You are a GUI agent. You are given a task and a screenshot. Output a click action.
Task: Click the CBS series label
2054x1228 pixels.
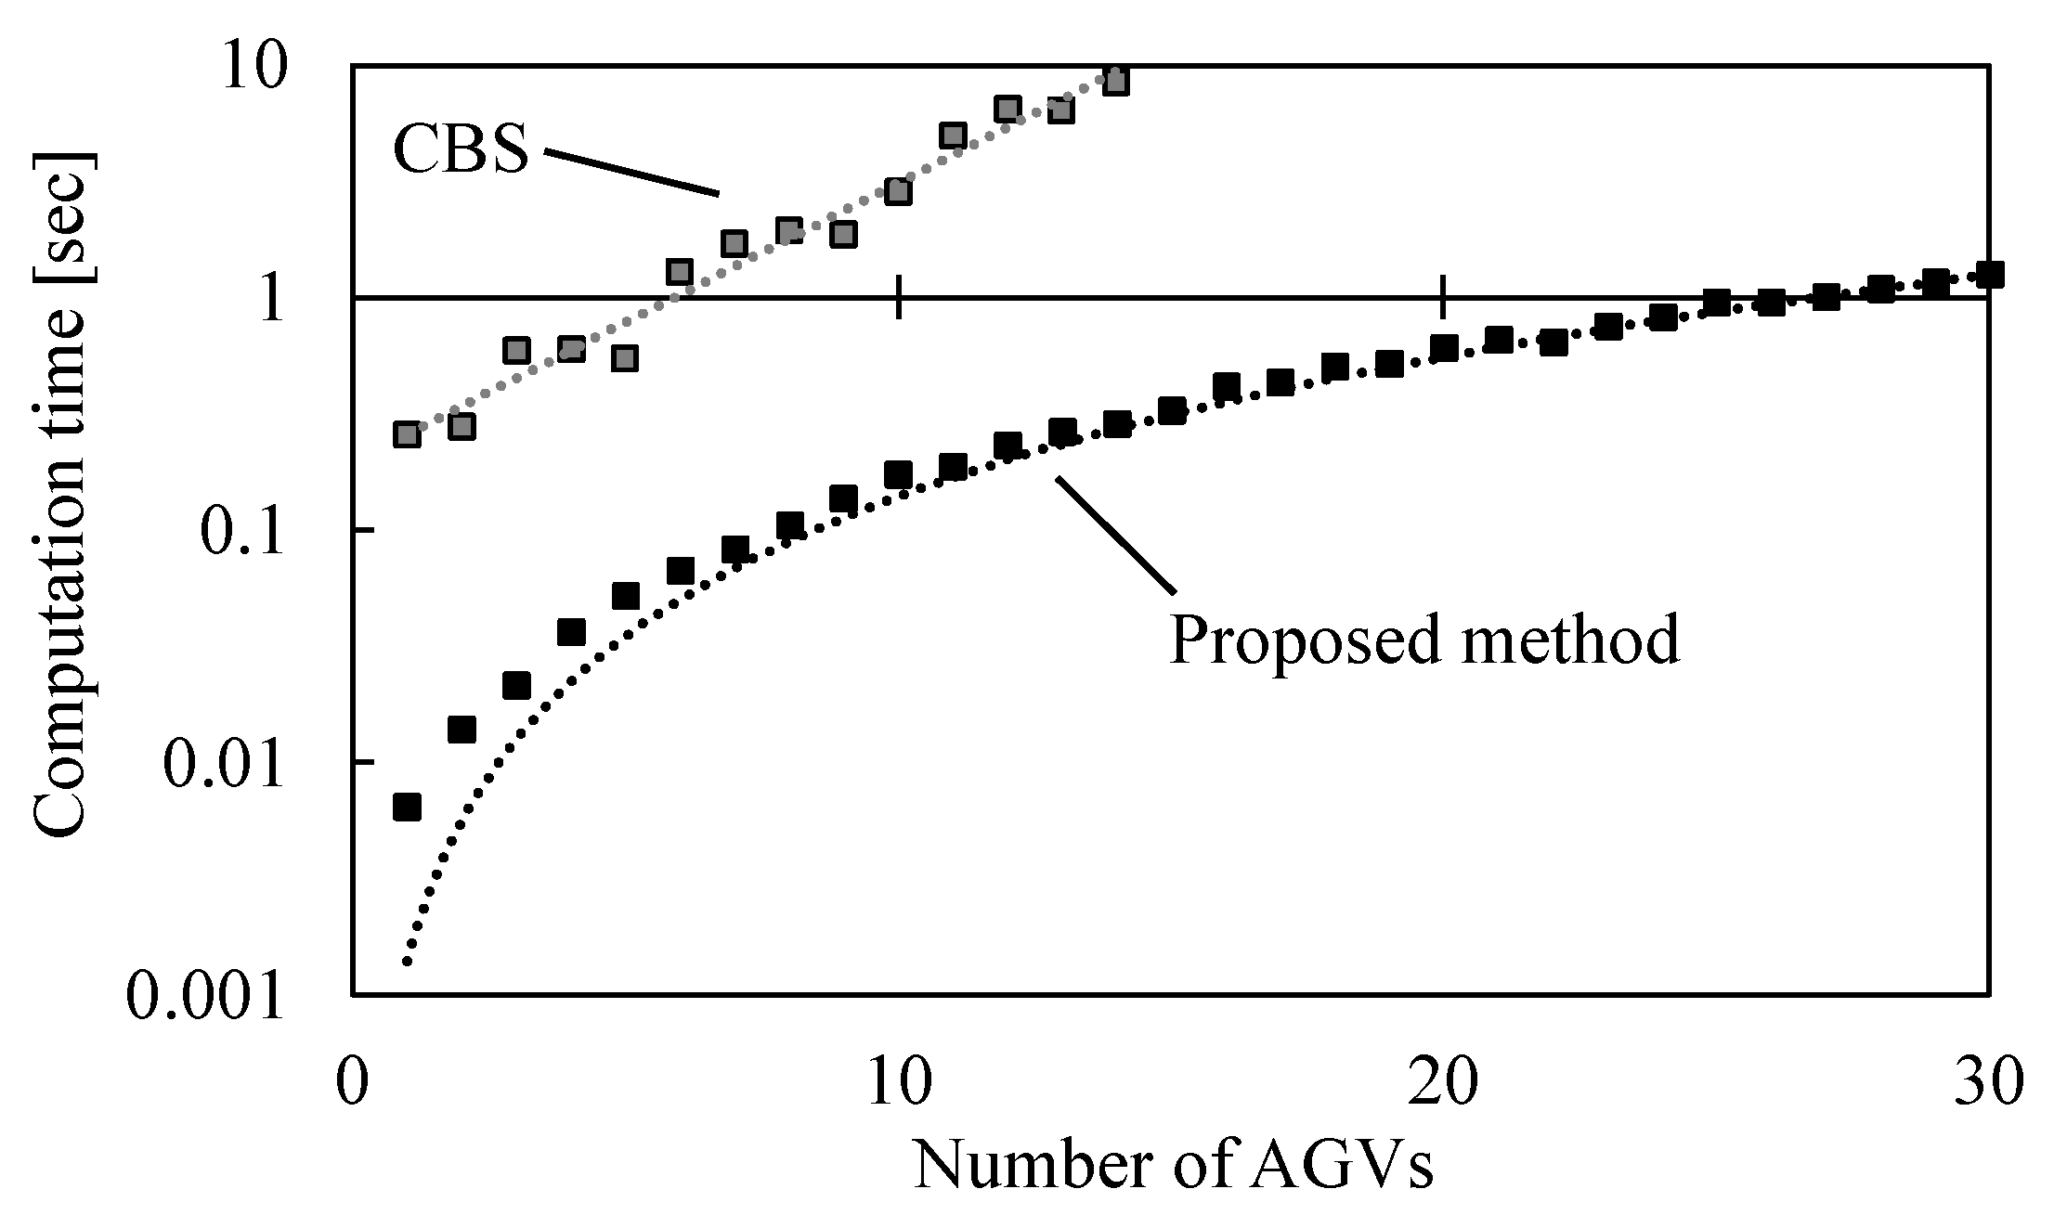click(x=460, y=150)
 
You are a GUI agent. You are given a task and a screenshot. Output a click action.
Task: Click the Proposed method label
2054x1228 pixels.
click(x=1423, y=639)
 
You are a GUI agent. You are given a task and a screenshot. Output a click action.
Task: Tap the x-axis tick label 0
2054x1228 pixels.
click(x=352, y=1080)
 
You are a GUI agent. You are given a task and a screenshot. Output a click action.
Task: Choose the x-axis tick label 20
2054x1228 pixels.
click(x=1443, y=1080)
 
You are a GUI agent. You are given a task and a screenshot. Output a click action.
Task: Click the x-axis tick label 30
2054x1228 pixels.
click(x=1987, y=1080)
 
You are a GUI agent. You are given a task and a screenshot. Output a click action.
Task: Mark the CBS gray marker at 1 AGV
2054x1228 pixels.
click(x=407, y=434)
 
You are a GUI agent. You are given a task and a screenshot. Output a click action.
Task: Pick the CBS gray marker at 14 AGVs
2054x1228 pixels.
click(x=1116, y=82)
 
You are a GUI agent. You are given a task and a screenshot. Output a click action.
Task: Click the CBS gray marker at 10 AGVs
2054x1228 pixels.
click(x=898, y=192)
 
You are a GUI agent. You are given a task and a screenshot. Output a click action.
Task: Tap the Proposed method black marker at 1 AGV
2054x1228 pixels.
click(x=407, y=807)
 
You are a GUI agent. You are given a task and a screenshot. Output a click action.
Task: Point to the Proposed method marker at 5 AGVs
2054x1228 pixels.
click(x=626, y=596)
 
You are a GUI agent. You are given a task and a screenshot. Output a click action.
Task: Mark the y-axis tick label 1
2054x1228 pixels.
click(x=271, y=300)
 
